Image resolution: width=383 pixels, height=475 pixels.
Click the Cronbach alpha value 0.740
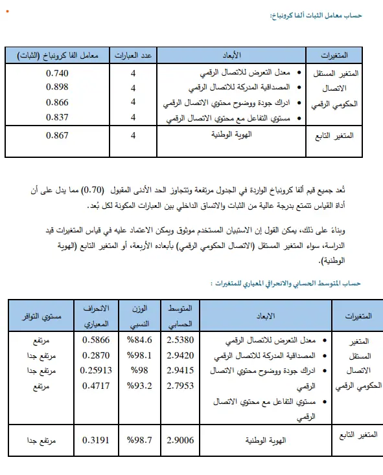(x=57, y=72)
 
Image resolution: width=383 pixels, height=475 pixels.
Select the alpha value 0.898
(x=57, y=87)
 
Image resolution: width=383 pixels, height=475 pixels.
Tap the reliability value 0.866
(x=57, y=102)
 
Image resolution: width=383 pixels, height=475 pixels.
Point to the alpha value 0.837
(x=57, y=117)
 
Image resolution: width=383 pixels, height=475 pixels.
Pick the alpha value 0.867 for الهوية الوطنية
(x=57, y=135)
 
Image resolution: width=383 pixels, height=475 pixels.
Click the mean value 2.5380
(x=181, y=339)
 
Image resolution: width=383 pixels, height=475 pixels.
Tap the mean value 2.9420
(x=181, y=356)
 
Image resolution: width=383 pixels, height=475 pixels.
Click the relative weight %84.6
(x=140, y=339)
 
